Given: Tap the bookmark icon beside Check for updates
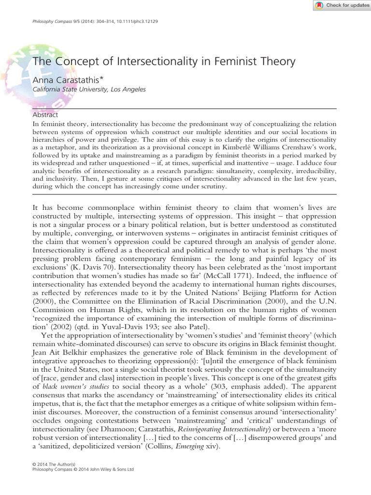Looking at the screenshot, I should point(319,5).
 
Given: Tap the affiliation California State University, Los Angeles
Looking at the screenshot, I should point(88,89).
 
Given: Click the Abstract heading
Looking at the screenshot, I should point(45,115).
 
